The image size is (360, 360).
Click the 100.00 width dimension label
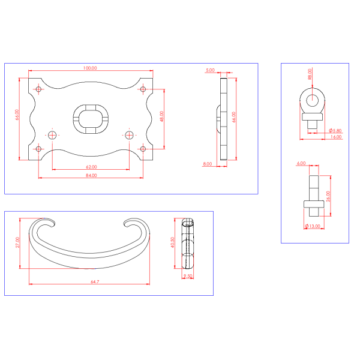[90, 68]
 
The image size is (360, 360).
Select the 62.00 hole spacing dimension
[91, 167]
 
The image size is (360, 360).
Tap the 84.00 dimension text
[91, 175]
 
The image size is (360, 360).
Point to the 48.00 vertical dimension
[161, 116]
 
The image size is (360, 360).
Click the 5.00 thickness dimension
[211, 70]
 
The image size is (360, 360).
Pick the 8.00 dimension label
[208, 164]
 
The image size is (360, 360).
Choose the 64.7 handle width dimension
[95, 281]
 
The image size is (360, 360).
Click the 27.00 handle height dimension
[17, 242]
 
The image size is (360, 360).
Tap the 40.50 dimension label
[172, 242]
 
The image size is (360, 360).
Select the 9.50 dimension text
[188, 276]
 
